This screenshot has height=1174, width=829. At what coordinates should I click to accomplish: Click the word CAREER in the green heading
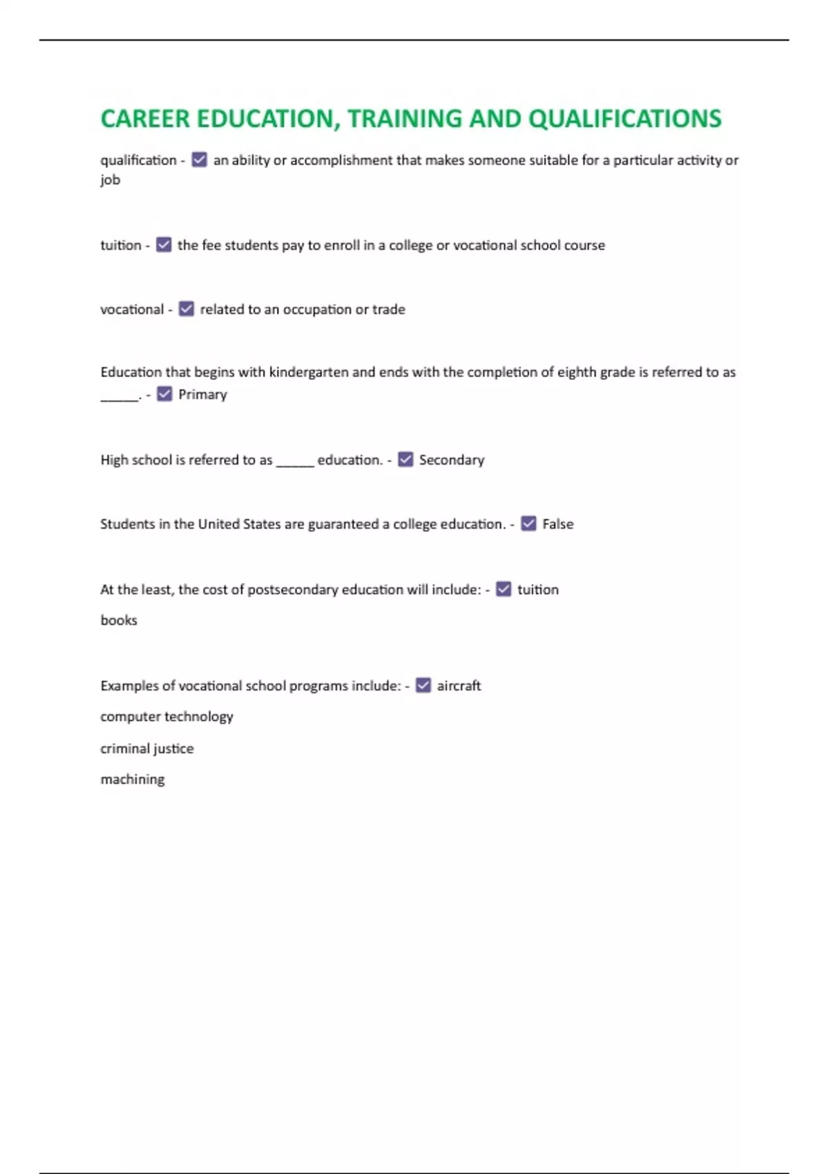pos(145,119)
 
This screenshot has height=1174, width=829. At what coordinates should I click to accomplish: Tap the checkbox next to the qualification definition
pos(199,160)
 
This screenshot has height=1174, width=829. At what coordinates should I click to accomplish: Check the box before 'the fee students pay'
pos(164,244)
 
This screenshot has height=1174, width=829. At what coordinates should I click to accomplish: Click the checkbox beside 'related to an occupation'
pos(187,309)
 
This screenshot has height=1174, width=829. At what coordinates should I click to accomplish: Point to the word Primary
pos(202,394)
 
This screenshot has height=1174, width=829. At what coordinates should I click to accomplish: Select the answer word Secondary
pos(452,460)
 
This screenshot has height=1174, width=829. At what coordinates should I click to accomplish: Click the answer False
pos(558,524)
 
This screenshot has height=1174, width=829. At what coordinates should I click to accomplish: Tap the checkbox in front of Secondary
pos(406,459)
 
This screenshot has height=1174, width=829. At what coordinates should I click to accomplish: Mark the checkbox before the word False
pos(528,523)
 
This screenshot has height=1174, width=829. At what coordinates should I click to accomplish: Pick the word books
pos(119,620)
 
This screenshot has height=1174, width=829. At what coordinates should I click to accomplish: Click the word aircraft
pos(459,686)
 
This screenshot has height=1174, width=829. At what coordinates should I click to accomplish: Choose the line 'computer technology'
pos(166,717)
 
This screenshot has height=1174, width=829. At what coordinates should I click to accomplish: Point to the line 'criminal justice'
pos(147,749)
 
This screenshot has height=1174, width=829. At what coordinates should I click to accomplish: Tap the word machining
pos(133,780)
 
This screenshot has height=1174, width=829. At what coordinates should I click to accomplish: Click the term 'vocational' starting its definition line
pos(132,309)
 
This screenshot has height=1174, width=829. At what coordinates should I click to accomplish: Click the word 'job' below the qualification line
pos(111,180)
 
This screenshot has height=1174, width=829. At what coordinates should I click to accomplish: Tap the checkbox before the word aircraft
pos(423,685)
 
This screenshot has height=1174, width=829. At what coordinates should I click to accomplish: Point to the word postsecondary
pos(293,590)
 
